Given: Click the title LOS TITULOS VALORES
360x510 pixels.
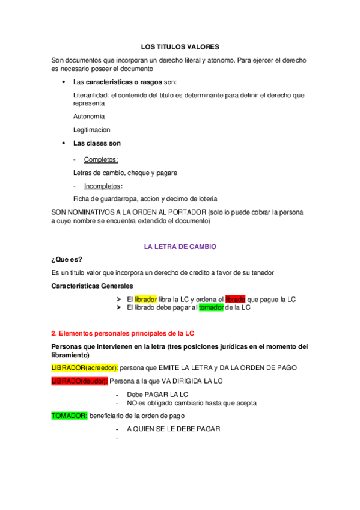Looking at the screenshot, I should click(180, 46).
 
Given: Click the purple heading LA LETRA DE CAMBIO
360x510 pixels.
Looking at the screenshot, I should click(180, 247).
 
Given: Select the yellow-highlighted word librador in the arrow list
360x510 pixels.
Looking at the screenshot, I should click(145, 299).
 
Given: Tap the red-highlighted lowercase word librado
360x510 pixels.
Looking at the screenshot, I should click(235, 299).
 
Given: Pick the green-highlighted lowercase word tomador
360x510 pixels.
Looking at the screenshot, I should click(211, 307).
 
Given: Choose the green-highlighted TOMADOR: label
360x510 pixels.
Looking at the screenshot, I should click(70, 416).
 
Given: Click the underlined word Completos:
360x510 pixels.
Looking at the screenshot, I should click(101, 159).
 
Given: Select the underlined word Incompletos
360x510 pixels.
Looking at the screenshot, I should click(102, 186).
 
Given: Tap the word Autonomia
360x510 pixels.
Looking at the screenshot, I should click(89, 116).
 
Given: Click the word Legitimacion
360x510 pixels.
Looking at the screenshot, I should click(91, 129).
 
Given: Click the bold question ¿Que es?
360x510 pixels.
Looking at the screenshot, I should click(67, 260).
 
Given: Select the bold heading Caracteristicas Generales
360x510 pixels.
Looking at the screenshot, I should click(93, 286).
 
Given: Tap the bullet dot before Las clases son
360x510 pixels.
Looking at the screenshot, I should click(64, 143).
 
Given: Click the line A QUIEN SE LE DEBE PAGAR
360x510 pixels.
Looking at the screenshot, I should click(174, 429).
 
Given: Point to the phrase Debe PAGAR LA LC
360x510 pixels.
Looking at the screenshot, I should click(158, 394).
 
